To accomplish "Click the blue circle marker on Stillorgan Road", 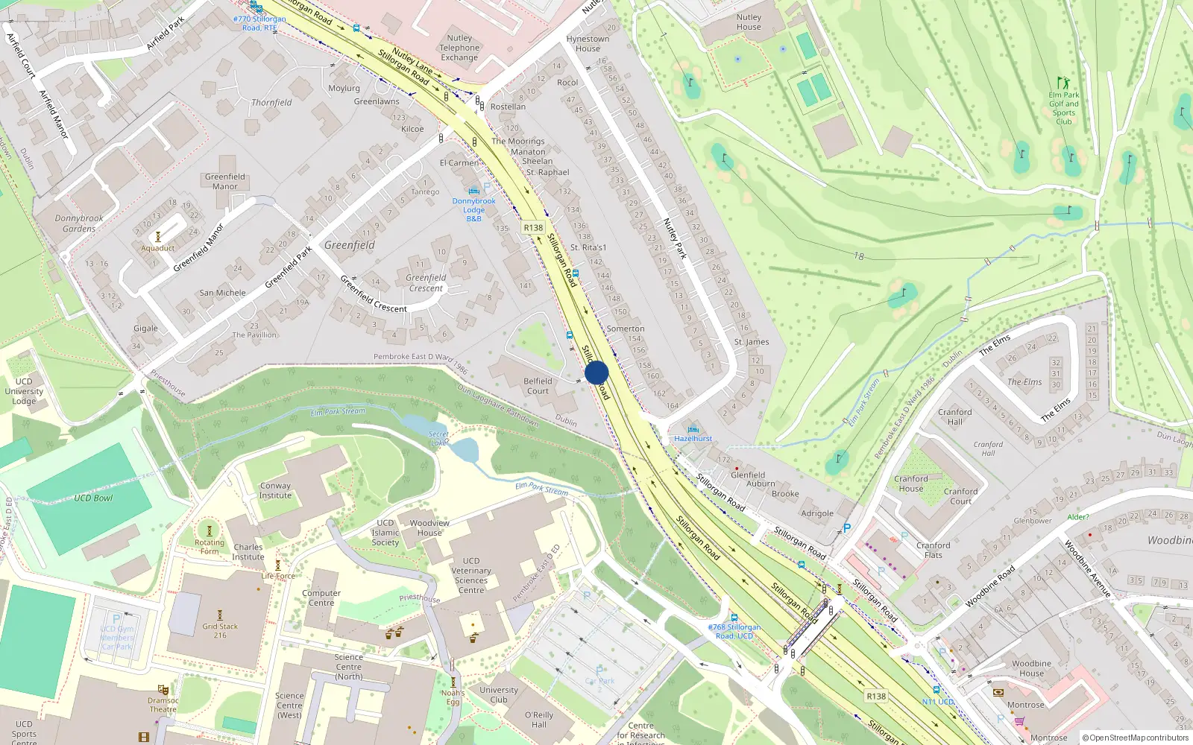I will (596, 372).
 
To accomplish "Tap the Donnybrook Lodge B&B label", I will (473, 209).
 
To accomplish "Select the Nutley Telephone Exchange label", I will (459, 48).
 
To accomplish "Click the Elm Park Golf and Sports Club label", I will (1064, 108).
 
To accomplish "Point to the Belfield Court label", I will (538, 386).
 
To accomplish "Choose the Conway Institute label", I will (275, 490).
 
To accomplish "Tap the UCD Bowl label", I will (93, 498).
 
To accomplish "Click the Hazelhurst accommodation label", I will (693, 438).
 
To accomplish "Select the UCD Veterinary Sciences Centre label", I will (471, 575).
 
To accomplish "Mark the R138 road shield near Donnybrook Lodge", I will (533, 228).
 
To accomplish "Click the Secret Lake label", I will (438, 438).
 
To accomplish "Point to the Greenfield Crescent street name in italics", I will (426, 283).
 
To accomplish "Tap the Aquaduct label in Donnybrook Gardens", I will (158, 248).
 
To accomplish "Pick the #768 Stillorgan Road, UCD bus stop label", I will (734, 631).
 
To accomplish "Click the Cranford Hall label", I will (955, 416).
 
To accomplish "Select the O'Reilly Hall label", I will (539, 720).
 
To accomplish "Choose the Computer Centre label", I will (321, 598).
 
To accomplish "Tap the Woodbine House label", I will (1031, 668).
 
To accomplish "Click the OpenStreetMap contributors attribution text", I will (1136, 738).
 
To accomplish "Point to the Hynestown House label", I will (588, 43).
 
